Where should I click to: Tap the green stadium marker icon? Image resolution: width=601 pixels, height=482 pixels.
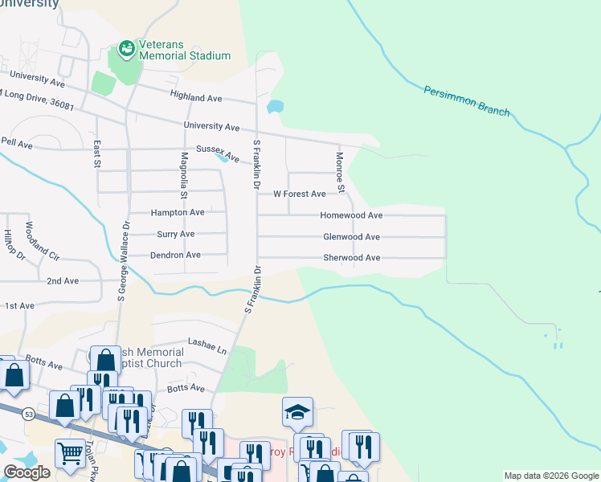click(x=126, y=50)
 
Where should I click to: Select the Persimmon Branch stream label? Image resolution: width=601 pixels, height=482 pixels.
click(x=466, y=100)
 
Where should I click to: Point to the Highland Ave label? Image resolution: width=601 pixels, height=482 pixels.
click(x=195, y=96)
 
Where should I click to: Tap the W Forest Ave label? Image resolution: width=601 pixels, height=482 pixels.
click(x=299, y=194)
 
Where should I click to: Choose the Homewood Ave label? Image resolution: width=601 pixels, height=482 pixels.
click(x=351, y=215)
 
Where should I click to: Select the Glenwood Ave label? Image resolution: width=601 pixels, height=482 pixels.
click(x=351, y=237)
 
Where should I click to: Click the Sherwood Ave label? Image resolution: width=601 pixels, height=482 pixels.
click(x=351, y=258)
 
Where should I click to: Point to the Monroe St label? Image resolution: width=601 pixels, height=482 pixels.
click(x=340, y=173)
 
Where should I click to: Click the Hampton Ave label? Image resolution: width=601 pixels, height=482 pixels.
click(x=178, y=213)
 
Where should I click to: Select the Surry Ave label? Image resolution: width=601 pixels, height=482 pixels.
click(x=175, y=234)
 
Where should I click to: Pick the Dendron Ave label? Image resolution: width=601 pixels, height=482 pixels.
click(x=175, y=255)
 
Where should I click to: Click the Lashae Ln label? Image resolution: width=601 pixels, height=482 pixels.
click(x=207, y=346)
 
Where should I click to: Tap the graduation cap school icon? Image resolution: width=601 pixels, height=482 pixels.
click(x=297, y=413)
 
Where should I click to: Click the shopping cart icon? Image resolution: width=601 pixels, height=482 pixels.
click(x=70, y=455)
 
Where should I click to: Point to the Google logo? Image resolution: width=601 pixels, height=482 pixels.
click(x=27, y=472)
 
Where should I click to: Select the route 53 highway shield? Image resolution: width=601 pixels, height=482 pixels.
click(x=29, y=414)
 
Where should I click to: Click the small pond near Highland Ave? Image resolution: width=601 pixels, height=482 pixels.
click(x=275, y=106)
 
